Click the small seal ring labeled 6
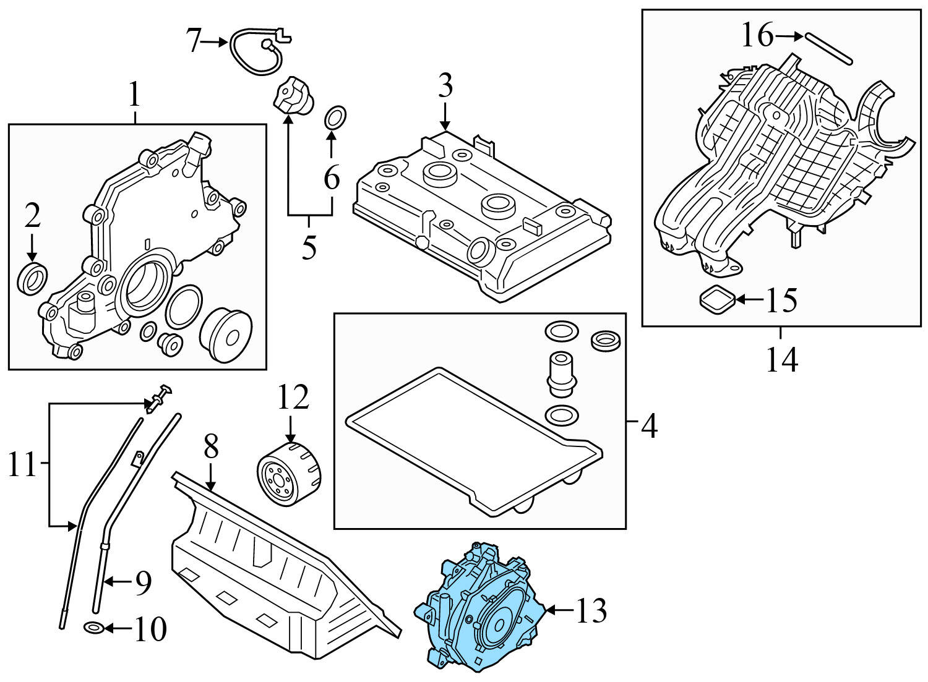click(335, 117)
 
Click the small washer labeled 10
click(93, 629)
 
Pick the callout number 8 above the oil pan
click(211, 446)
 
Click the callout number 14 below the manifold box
click(781, 360)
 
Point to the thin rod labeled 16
click(829, 48)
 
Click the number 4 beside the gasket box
click(649, 427)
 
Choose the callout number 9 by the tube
click(143, 582)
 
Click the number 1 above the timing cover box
click(134, 96)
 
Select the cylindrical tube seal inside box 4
click(561, 373)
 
